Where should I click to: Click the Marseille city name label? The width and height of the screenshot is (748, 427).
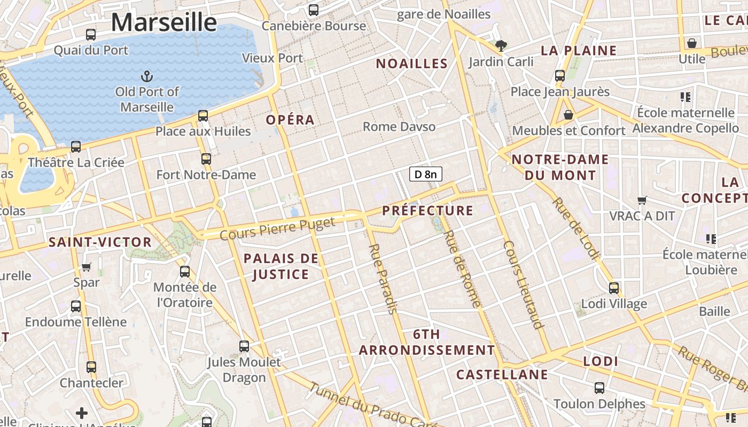click(x=164, y=22)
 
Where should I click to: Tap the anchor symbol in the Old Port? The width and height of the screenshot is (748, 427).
click(x=146, y=76)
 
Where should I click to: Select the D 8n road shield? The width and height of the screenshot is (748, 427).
click(x=426, y=174)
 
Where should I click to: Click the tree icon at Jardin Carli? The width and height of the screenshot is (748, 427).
click(x=501, y=46)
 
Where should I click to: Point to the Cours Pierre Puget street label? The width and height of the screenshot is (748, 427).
click(x=277, y=228)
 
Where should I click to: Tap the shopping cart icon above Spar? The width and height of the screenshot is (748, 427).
click(x=87, y=266)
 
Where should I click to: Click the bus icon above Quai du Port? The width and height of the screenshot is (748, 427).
click(x=91, y=35)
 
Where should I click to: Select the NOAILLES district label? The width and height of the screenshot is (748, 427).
click(x=412, y=64)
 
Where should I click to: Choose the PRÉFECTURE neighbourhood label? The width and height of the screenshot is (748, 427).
click(x=428, y=210)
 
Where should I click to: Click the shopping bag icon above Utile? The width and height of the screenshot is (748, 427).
click(x=692, y=43)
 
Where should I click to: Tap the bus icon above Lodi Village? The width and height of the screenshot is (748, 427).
click(x=614, y=288)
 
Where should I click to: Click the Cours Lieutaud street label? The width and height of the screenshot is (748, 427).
click(x=524, y=284)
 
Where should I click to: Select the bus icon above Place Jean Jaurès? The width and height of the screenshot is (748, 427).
click(x=560, y=76)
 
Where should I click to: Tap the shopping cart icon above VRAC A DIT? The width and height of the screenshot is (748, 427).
click(x=642, y=200)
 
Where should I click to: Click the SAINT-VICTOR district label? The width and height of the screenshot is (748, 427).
click(x=100, y=242)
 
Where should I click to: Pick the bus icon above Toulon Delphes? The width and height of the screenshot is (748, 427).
click(x=599, y=388)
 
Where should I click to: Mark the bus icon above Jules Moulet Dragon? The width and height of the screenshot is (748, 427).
click(x=244, y=346)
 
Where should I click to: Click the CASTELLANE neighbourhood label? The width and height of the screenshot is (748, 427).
click(x=502, y=375)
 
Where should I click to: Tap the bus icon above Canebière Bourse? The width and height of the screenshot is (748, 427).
click(x=314, y=10)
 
